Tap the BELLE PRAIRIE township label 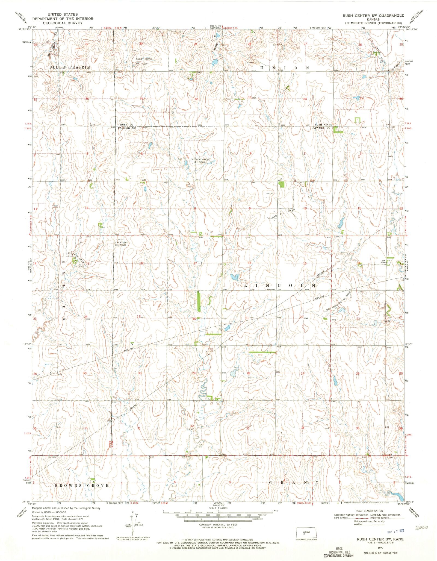[70, 67]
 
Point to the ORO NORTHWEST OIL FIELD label [200, 160]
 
